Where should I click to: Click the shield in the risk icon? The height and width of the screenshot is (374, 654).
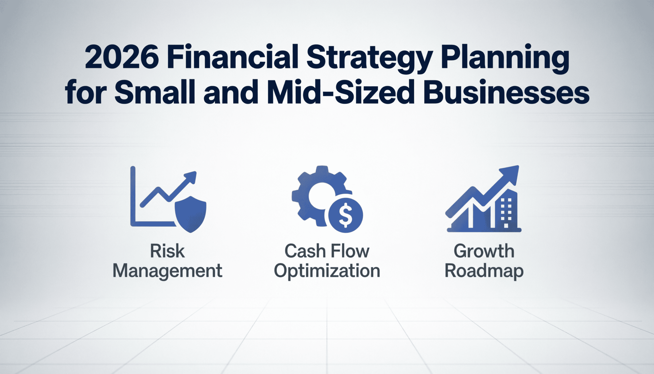[190, 214]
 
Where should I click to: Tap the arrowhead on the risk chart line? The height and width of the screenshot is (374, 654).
[190, 177]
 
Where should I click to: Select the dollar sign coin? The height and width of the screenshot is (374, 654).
[345, 215]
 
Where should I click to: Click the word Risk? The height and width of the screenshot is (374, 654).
[167, 251]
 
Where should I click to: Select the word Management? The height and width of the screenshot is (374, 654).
[167, 271]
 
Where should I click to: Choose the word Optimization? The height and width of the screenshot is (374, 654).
[327, 271]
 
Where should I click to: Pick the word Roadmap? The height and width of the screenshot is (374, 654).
[484, 271]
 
